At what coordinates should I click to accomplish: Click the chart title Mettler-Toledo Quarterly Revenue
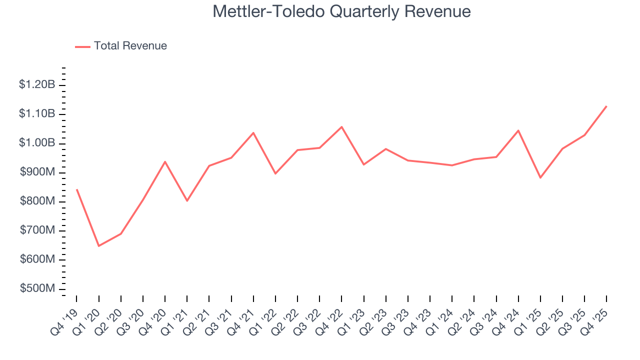pos(341,11)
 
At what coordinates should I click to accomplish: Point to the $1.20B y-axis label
pos(37,85)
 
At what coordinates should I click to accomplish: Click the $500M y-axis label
pos(37,289)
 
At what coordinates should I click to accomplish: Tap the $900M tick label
pos(37,172)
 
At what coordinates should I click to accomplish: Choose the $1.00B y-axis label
pos(37,143)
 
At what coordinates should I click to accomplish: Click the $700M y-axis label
pos(37,230)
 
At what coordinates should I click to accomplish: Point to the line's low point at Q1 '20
pos(98,246)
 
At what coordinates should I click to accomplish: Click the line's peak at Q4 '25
pos(606,106)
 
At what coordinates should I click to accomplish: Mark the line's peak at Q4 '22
pos(341,126)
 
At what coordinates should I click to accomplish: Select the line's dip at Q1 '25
pos(540,177)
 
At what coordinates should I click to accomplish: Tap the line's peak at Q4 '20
pos(165,161)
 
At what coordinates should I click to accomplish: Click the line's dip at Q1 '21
pos(187,201)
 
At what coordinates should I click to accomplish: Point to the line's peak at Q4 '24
pos(518,130)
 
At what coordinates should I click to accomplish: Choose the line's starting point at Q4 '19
pos(76,189)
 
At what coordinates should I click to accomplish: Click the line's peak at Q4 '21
pos(253,132)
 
